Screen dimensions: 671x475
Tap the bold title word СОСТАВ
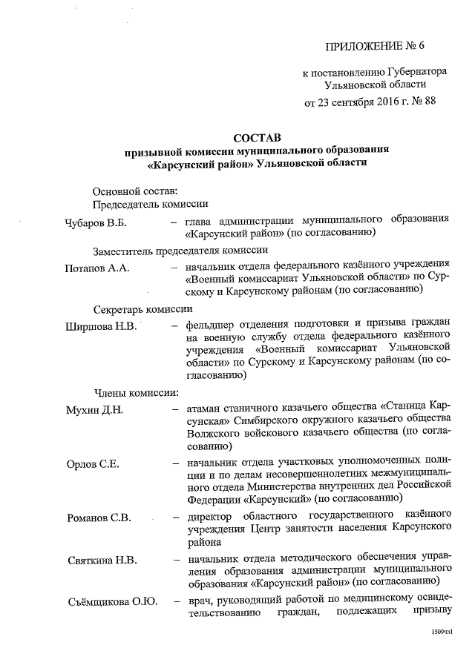coord(257,137)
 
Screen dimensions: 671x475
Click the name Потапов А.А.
coord(97,268)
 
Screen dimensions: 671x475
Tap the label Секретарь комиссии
coord(142,309)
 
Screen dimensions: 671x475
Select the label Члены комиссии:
coord(134,391)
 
